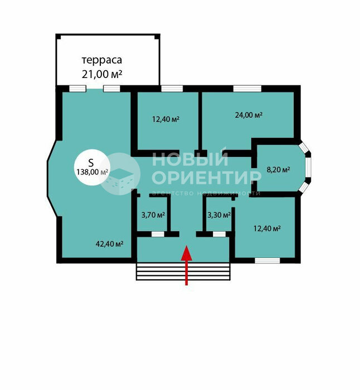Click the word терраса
[x=102, y=60]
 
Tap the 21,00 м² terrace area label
[x=102, y=74]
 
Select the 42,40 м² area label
[x=109, y=244]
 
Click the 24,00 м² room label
[x=249, y=115]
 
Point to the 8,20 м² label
[x=278, y=170]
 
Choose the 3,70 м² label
[x=153, y=215]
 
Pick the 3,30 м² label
[x=219, y=215]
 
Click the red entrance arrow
[x=187, y=265]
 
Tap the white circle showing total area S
[x=92, y=167]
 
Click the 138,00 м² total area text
[x=92, y=172]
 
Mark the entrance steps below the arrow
[x=183, y=271]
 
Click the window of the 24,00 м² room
[x=247, y=89]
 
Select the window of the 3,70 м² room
[x=158, y=235]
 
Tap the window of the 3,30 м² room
[x=219, y=235]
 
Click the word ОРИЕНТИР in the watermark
[x=206, y=177]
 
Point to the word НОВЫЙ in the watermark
[x=190, y=159]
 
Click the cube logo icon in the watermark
[x=119, y=174]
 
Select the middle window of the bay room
[x=309, y=168]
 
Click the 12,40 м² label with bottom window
[x=267, y=228]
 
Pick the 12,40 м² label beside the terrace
[x=166, y=119]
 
